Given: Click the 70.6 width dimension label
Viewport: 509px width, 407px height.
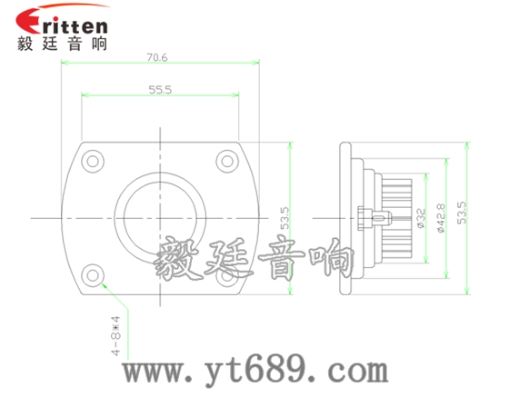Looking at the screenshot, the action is [157, 57].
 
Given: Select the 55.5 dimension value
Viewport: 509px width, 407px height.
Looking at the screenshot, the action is [160, 90].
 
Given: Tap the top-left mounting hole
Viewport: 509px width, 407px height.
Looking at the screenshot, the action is [93, 161].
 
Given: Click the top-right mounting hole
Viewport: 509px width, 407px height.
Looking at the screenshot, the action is [227, 161].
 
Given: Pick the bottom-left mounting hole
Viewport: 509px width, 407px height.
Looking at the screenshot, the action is [93, 275].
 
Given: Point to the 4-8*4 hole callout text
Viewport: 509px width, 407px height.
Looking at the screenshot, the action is [116, 335].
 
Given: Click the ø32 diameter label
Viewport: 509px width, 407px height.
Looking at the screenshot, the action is [421, 218].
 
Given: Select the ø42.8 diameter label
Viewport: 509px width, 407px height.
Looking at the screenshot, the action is [441, 218].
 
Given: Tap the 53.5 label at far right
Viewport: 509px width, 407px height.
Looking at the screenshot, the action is [462, 213].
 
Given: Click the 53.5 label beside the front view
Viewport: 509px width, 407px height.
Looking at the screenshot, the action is [284, 218].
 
